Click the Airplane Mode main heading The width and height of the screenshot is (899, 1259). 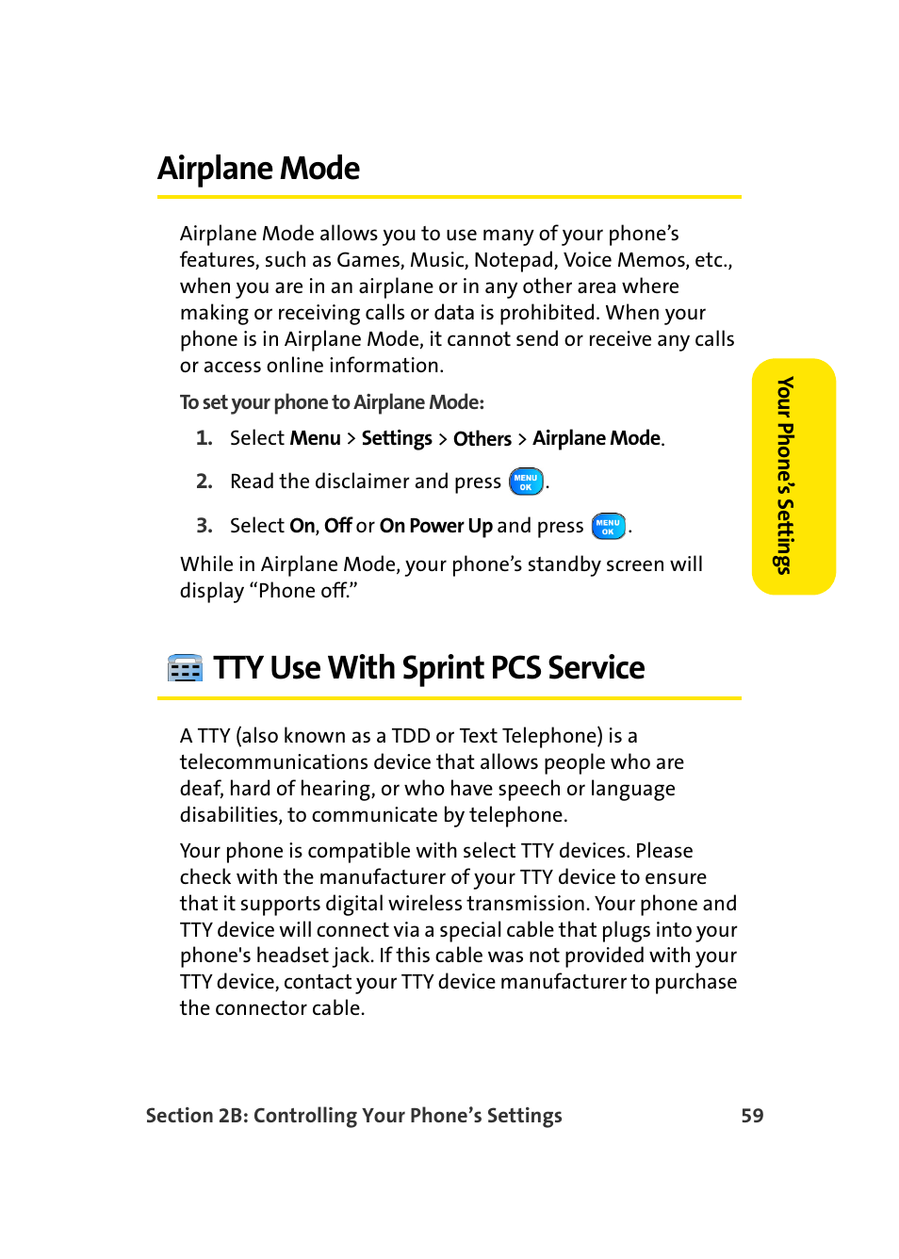258,169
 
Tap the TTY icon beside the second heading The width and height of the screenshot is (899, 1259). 185,668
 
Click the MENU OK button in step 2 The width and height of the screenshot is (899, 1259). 526,482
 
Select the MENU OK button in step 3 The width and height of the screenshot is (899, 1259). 608,526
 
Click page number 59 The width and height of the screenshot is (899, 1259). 752,1116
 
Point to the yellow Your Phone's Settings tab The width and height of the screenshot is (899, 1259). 793,476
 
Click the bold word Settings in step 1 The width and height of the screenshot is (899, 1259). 397,438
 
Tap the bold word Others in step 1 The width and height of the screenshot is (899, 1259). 482,439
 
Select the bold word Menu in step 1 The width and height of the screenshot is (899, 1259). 315,438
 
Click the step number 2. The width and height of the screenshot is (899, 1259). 204,482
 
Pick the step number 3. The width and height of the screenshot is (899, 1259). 204,526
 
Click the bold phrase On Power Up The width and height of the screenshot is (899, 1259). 435,526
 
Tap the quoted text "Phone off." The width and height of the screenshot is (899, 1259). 302,591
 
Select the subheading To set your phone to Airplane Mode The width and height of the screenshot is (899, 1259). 332,402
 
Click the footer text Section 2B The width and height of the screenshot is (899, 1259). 197,1116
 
